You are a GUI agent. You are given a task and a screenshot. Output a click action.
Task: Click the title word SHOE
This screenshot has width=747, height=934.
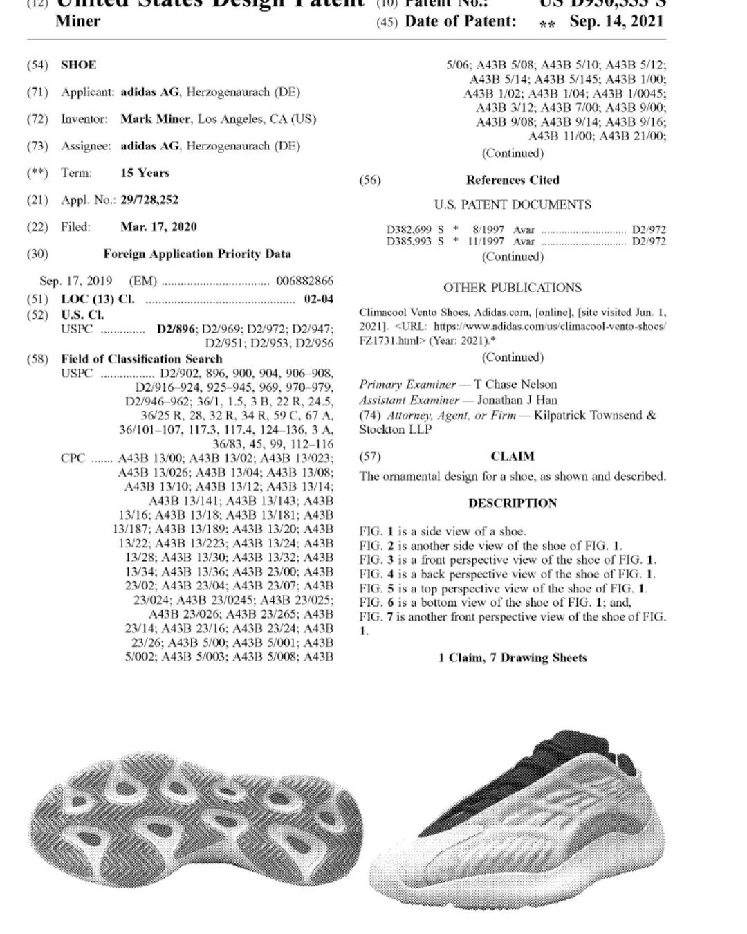79,65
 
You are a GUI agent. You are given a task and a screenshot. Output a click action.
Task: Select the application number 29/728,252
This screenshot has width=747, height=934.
149,200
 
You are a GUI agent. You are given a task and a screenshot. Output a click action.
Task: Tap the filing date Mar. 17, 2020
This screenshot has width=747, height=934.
158,227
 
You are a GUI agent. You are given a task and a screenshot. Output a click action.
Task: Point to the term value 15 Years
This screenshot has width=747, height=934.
145,173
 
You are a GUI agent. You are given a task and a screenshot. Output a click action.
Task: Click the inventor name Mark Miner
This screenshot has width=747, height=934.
155,119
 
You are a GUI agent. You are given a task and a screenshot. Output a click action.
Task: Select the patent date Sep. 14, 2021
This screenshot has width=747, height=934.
616,21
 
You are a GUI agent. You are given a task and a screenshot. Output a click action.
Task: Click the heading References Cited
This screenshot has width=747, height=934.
513,180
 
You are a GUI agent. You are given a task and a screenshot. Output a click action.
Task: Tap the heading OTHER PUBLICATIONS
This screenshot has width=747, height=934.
513,287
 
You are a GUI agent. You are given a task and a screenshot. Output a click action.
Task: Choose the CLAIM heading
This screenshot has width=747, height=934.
513,457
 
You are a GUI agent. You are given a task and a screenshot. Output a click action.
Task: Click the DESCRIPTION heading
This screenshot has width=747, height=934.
513,503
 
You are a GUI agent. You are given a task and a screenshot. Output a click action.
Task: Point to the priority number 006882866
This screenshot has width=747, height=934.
304,281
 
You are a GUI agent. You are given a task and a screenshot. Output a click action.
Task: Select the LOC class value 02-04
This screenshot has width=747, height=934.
318,299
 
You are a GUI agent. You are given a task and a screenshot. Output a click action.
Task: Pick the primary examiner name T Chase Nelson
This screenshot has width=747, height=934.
515,385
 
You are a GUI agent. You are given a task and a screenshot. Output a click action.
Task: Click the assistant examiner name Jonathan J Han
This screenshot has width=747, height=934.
517,400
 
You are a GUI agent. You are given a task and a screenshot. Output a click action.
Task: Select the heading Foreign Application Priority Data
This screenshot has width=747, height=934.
197,254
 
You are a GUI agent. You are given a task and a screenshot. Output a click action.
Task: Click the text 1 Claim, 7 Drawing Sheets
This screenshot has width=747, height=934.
513,658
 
